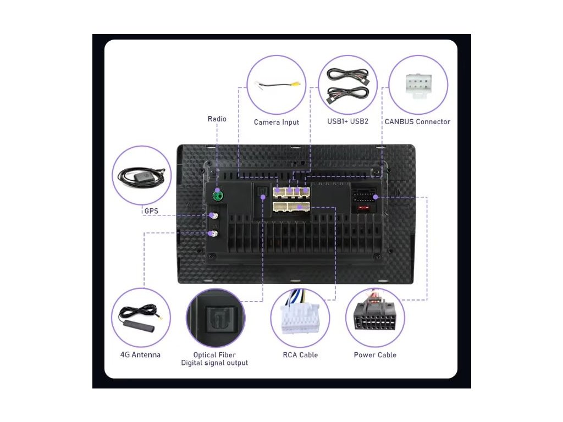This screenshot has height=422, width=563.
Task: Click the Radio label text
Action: [217, 119]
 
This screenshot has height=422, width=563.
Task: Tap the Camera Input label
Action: [276, 122]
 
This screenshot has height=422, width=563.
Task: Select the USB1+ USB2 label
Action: [347, 121]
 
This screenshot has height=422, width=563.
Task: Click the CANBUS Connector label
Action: [417, 122]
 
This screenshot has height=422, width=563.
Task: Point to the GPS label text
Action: [151, 210]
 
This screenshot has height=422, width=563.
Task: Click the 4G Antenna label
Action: [140, 355]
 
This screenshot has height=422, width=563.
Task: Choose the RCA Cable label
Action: [300, 355]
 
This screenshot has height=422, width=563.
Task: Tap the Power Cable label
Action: [375, 355]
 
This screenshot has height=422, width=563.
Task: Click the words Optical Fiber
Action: [214, 355]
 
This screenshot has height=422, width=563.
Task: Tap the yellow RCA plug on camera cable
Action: [296, 84]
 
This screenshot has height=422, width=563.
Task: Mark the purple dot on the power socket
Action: [375, 197]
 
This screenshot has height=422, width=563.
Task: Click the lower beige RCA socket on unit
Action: [291, 207]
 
